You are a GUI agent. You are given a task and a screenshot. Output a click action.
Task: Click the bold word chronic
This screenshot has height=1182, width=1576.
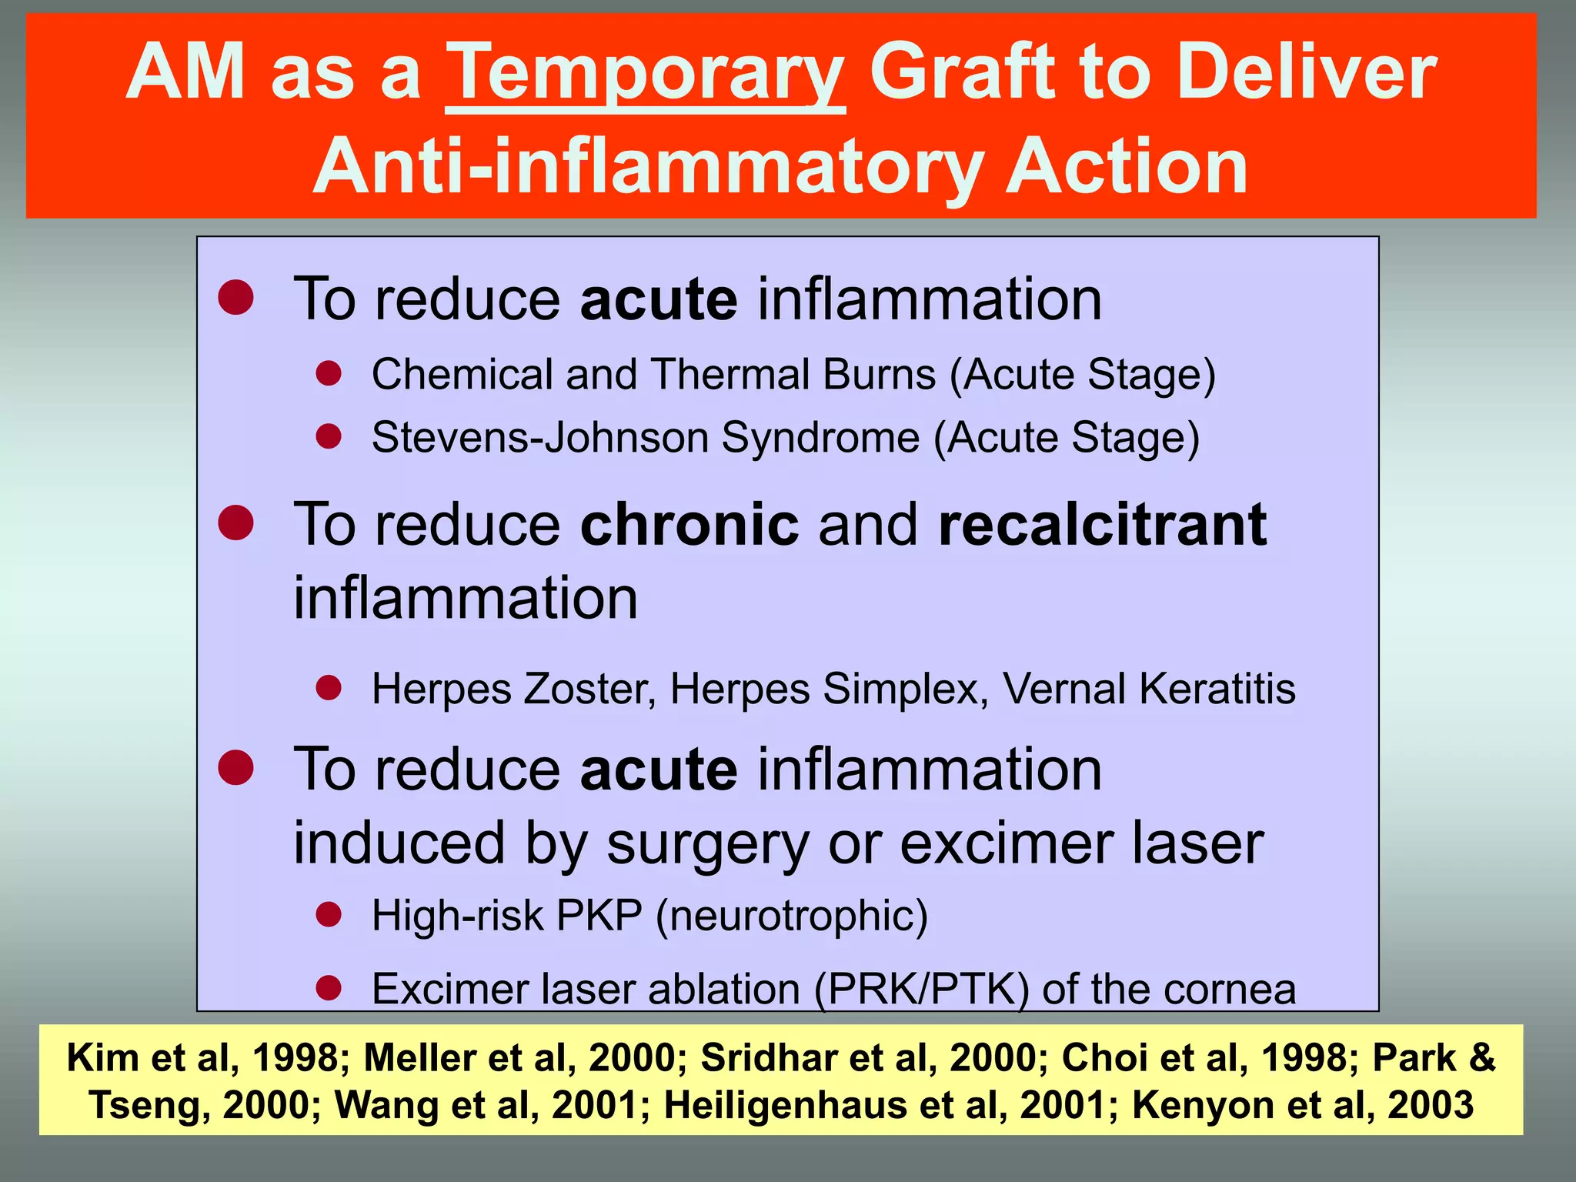pos(689,525)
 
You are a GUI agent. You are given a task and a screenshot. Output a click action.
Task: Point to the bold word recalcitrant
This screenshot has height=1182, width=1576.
pos(1102,525)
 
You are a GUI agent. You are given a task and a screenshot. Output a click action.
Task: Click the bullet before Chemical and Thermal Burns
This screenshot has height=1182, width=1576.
pos(329,374)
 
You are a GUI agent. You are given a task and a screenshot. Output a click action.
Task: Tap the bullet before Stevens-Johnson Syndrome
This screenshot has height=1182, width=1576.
pos(329,436)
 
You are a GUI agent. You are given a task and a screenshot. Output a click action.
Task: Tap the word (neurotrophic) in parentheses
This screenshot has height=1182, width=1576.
pos(792,916)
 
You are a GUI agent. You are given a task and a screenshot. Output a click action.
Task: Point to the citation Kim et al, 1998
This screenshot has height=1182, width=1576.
pos(202,1057)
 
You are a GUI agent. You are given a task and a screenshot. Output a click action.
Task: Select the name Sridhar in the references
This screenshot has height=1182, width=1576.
pos(769,1057)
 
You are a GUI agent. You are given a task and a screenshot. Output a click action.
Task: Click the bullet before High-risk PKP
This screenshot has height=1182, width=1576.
pos(329,915)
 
